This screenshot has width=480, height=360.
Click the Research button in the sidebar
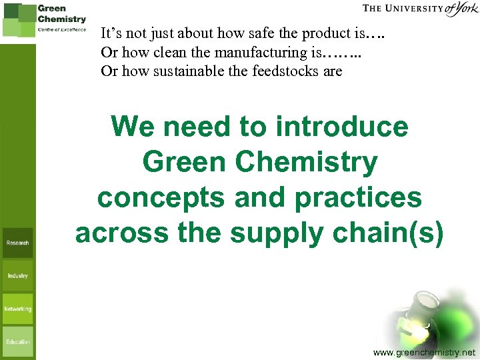[x=17, y=243]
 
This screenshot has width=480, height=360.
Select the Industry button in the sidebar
[x=17, y=275]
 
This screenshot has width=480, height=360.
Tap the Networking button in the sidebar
[x=17, y=309]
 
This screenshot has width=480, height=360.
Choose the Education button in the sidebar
[x=17, y=342]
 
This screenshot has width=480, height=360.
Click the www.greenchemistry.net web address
[x=425, y=351]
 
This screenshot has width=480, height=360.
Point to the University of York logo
[x=420, y=10]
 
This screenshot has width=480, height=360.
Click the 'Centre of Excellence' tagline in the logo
[x=62, y=30]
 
